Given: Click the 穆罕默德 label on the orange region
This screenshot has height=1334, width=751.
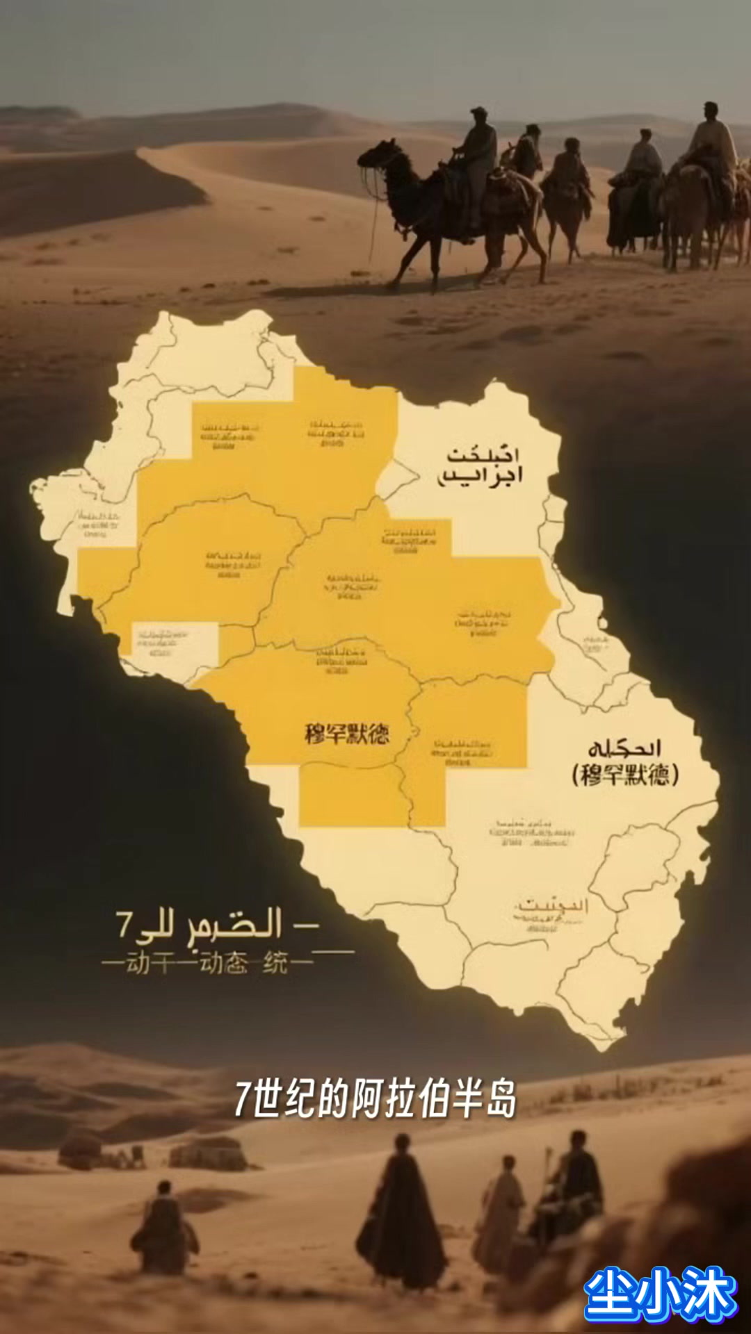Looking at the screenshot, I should [346, 734].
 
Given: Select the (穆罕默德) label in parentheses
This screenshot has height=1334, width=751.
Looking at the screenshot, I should [625, 774].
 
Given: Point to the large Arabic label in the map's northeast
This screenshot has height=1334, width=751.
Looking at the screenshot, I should [481, 466].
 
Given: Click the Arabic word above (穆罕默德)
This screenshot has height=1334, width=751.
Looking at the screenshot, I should [624, 748].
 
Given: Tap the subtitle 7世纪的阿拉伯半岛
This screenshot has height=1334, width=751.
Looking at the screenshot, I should [375, 1098].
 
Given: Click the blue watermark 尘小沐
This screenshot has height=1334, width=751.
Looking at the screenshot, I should [660, 1294].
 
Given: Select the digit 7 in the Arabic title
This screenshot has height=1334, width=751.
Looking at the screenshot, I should [124, 924].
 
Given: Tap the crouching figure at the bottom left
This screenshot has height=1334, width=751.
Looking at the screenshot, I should [164, 1230].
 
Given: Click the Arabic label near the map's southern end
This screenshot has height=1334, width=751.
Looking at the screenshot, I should [551, 906].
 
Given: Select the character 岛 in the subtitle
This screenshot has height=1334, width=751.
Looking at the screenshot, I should [501, 1098].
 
